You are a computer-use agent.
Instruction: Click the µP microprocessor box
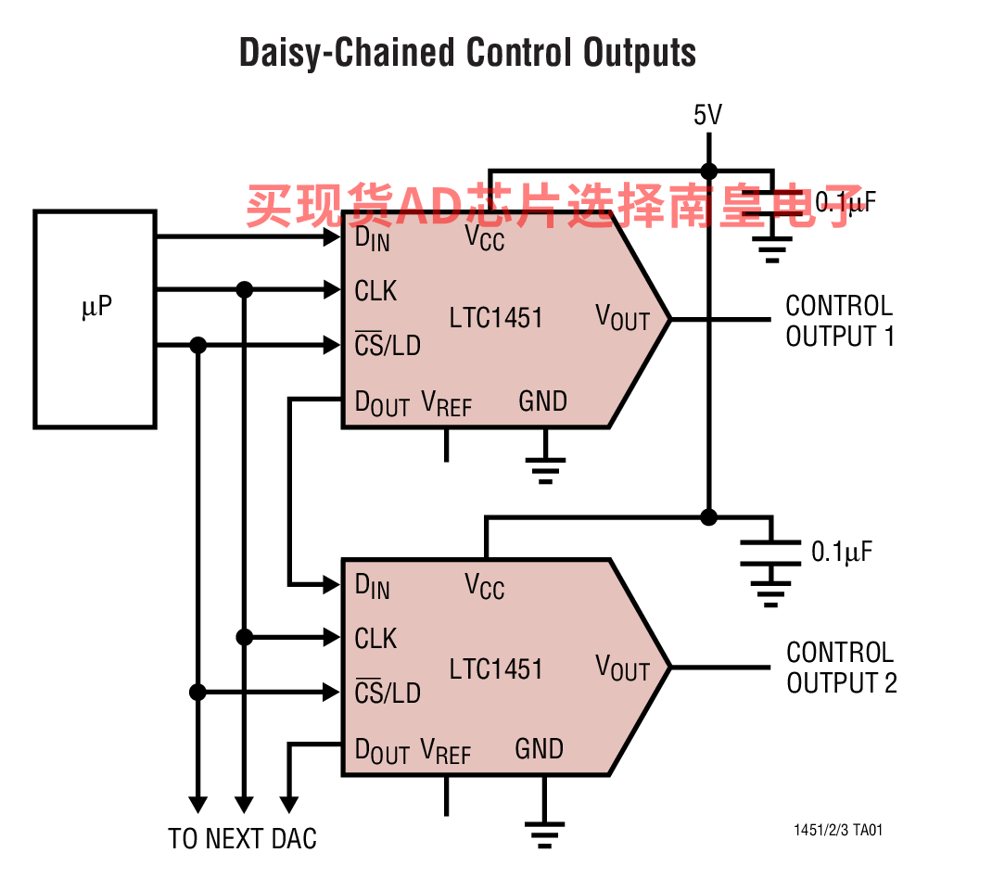[x=95, y=319]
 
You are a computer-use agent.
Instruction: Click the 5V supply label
[x=707, y=115]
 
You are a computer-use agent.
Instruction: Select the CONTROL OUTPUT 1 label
[x=839, y=321]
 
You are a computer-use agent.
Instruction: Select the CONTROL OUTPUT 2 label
[x=841, y=668]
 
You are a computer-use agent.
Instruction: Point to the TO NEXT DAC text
[x=242, y=839]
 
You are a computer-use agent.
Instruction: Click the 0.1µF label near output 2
[x=842, y=552]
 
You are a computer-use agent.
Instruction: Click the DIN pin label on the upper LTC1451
[x=372, y=238]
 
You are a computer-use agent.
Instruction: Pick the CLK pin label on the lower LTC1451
[x=375, y=639]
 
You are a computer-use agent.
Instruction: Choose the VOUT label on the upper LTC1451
[x=622, y=318]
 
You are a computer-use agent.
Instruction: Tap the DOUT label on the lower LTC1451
[x=382, y=751]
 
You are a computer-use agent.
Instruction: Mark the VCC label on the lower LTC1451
[x=484, y=587]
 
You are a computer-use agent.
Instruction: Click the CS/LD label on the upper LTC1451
[x=387, y=346]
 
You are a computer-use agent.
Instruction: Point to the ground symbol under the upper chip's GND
[x=547, y=469]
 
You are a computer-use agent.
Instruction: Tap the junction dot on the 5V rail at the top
[x=708, y=172]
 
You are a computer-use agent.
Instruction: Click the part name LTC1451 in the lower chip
[x=496, y=668]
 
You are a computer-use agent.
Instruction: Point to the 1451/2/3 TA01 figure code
[x=837, y=830]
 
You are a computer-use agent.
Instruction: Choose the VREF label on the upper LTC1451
[x=446, y=403]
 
